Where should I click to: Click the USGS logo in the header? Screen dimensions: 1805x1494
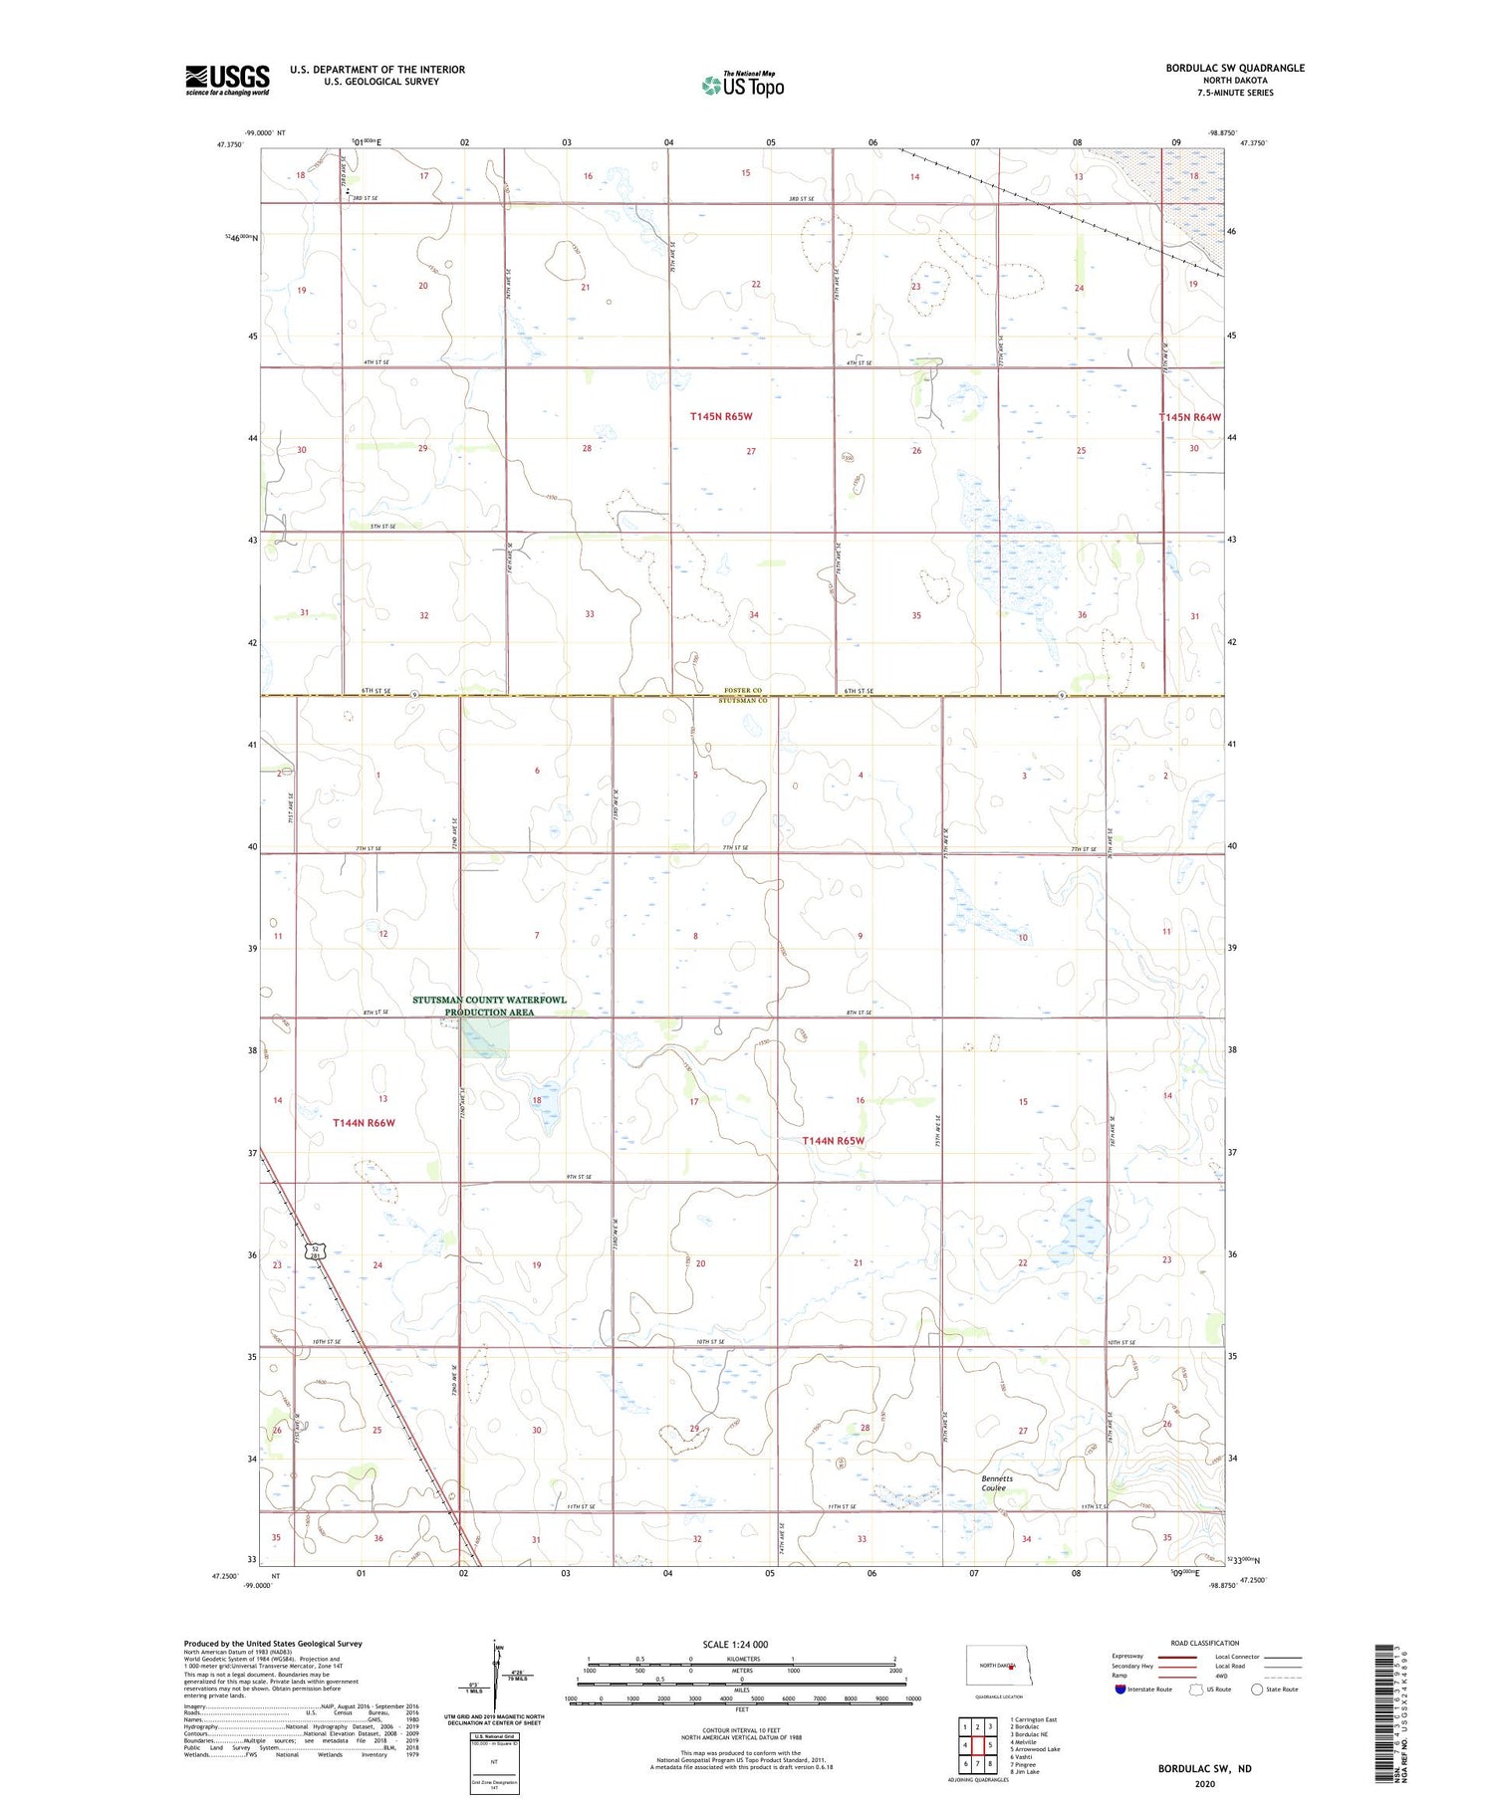click(x=227, y=80)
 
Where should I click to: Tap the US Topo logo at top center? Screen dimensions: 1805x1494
click(x=743, y=85)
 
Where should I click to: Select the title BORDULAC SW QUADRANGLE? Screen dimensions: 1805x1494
click(x=1235, y=68)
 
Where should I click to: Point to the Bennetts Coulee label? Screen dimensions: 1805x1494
click(x=997, y=1483)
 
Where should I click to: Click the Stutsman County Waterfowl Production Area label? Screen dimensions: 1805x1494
click(x=490, y=1006)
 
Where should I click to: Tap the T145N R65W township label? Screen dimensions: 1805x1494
click(x=721, y=416)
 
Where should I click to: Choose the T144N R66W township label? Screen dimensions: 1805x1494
click(x=364, y=1122)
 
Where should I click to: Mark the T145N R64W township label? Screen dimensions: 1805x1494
click(x=1189, y=417)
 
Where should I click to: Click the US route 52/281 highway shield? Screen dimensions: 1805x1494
click(x=314, y=1252)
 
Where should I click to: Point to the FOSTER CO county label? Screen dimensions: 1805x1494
click(x=743, y=690)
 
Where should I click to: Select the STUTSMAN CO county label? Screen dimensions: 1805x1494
click(x=743, y=701)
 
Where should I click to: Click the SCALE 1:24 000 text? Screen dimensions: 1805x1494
click(x=735, y=1644)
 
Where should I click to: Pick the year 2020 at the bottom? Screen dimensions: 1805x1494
click(x=1204, y=1783)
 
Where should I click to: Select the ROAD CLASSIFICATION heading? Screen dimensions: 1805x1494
click(x=1205, y=1643)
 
